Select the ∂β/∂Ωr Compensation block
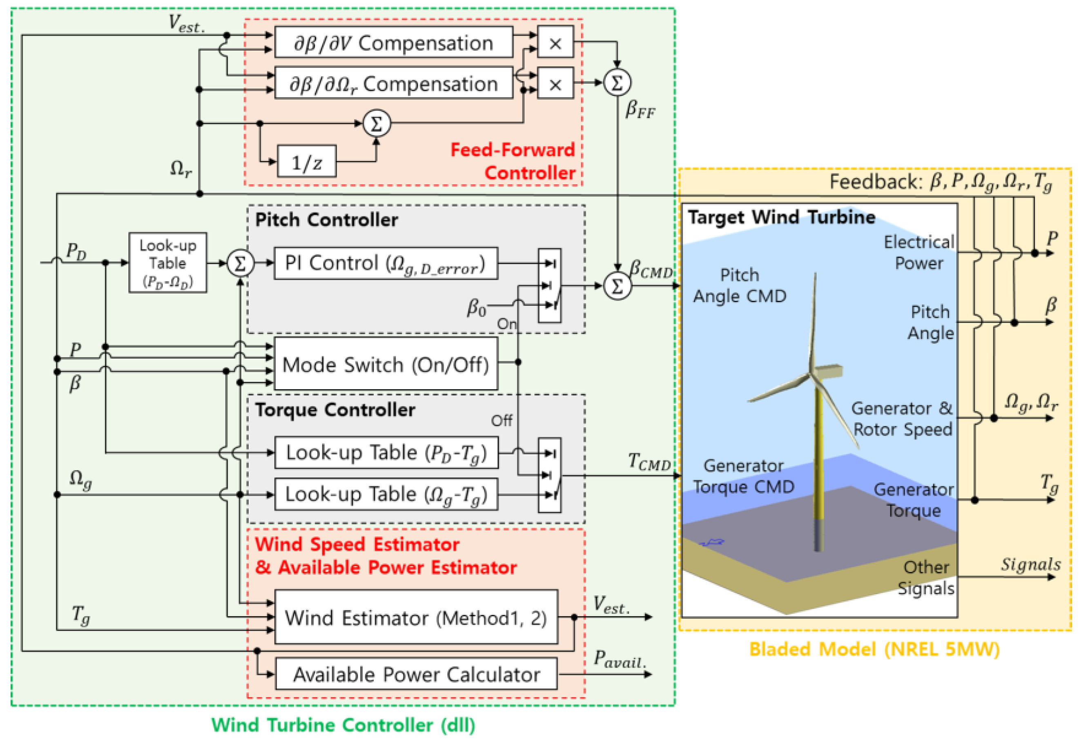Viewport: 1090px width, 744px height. pyautogui.click(x=393, y=83)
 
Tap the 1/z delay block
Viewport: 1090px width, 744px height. pyautogui.click(x=307, y=162)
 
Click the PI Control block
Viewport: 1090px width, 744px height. pyautogui.click(x=386, y=263)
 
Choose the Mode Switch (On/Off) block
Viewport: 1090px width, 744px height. pyautogui.click(x=386, y=364)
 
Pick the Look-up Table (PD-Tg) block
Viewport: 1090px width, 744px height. pyautogui.click(x=386, y=453)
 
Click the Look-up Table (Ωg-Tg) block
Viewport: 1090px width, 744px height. pyautogui.click(x=386, y=494)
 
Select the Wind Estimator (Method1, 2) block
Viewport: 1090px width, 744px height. pyautogui.click(x=416, y=617)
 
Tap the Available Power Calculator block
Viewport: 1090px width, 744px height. pyautogui.click(x=416, y=674)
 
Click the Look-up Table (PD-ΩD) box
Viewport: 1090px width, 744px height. pyautogui.click(x=167, y=263)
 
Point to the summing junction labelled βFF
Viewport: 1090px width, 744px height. pyautogui.click(x=617, y=83)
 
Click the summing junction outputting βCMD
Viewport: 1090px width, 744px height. pyautogui.click(x=617, y=286)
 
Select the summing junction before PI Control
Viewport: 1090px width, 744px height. pyautogui.click(x=240, y=263)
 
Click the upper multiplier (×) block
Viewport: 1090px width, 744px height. pyautogui.click(x=555, y=43)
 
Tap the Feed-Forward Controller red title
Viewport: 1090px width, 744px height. pyautogui.click(x=513, y=161)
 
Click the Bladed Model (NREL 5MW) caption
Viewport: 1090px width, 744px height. pyautogui.click(x=874, y=649)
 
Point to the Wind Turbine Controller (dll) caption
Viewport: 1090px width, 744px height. pyautogui.click(x=343, y=725)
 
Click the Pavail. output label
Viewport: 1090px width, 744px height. pyautogui.click(x=620, y=659)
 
